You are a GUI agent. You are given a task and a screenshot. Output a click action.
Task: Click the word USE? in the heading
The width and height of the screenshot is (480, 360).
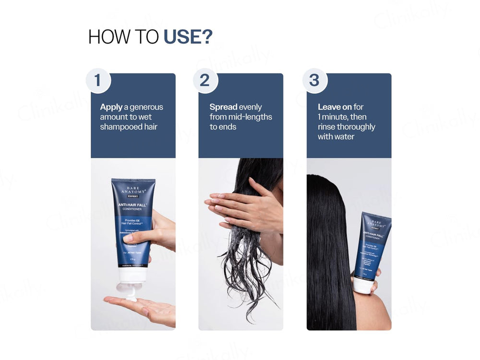pos(188,37)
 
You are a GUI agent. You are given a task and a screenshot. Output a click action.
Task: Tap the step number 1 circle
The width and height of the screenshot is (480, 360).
pos(98,80)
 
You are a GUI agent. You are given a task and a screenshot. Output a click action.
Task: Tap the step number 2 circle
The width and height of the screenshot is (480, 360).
pos(205,80)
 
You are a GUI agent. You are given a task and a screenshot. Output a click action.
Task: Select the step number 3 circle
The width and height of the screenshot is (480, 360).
pos(314,80)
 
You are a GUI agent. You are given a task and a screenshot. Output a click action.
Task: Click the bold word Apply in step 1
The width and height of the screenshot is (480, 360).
pos(111,107)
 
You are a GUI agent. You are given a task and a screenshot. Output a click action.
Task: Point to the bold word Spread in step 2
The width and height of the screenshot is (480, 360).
pos(223,107)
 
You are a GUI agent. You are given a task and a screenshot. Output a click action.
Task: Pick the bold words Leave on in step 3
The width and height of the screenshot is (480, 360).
pos(335,107)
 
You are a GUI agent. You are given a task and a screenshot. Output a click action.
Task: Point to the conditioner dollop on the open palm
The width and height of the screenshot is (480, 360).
pos(131,298)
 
